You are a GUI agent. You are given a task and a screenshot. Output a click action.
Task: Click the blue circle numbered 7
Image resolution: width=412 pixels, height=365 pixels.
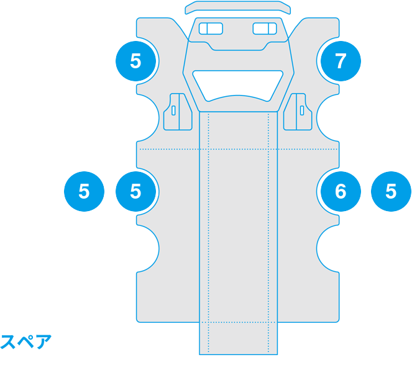click(341, 61)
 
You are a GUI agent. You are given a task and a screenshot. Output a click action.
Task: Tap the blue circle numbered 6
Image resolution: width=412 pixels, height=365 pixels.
click(341, 191)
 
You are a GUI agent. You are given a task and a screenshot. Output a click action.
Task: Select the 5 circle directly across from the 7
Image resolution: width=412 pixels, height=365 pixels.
click(136, 61)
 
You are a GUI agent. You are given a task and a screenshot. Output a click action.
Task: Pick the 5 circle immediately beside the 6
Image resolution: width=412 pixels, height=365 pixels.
click(391, 191)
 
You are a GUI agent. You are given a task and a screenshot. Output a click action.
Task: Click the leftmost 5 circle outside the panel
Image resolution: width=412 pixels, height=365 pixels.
click(84, 191)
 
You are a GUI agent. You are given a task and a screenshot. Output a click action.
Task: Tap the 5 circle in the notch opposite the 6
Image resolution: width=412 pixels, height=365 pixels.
click(136, 191)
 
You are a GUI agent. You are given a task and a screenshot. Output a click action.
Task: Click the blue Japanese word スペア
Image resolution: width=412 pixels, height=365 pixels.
click(25, 341)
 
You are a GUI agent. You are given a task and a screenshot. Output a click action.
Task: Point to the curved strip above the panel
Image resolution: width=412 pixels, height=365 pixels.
click(238, 7)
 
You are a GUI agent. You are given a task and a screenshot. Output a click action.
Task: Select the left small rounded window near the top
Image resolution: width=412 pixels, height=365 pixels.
click(211, 29)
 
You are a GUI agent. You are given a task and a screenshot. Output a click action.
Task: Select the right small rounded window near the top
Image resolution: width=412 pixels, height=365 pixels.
click(265, 29)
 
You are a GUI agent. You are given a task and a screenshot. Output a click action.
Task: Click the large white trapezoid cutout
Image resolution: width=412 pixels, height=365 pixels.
click(238, 86)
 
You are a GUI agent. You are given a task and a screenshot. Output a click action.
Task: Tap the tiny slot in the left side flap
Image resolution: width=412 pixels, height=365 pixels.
click(173, 110)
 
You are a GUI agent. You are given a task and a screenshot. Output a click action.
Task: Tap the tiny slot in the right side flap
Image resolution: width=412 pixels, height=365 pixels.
click(302, 110)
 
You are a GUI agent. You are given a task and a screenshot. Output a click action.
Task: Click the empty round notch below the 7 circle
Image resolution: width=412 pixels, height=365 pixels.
click(327, 118)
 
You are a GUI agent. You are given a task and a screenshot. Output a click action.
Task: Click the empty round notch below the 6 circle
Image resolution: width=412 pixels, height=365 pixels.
click(327, 249)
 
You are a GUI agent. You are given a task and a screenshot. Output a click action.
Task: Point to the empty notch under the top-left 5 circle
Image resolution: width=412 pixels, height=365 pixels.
click(148, 118)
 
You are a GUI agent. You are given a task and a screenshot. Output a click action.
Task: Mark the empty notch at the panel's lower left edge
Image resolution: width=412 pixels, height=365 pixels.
click(148, 249)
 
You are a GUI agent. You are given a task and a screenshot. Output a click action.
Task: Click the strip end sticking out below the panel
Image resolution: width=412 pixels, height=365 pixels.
click(239, 338)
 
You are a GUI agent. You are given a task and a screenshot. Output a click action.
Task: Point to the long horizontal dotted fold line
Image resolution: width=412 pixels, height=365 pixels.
click(239, 149)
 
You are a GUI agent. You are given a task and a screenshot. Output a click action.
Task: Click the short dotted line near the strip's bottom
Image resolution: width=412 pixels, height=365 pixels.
click(239, 322)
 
